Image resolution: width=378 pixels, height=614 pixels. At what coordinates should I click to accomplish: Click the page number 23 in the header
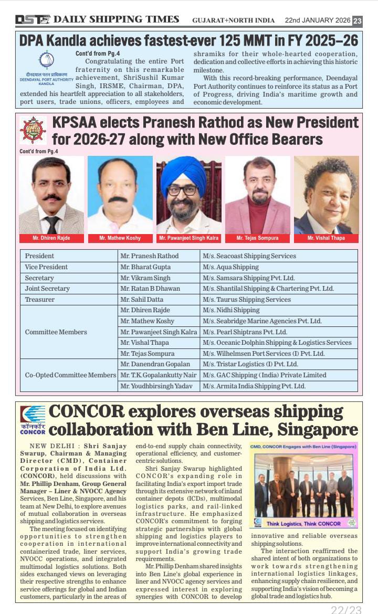point(357,20)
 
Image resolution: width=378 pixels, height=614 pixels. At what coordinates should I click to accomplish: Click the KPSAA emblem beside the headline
point(33,130)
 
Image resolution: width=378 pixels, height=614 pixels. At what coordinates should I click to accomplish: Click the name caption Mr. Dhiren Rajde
point(51,238)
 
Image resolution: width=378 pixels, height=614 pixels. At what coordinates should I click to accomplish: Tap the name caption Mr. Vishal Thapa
point(327,238)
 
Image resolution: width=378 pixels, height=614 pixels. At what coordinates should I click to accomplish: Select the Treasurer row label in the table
point(40,299)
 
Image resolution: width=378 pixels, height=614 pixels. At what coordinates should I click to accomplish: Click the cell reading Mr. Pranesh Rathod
point(150,256)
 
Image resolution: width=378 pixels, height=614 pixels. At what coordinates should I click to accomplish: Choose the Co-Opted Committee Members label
point(70,375)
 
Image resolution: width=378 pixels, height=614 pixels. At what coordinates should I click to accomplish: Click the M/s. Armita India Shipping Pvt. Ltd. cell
point(254,386)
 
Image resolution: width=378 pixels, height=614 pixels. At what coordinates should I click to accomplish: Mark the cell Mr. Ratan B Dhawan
point(150,289)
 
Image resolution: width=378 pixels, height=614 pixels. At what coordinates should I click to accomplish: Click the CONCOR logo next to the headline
point(33,420)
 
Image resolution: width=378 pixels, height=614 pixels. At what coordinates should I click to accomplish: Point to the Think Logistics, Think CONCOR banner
point(303,523)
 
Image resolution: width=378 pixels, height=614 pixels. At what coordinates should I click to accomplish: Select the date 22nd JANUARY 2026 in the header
point(317,20)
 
